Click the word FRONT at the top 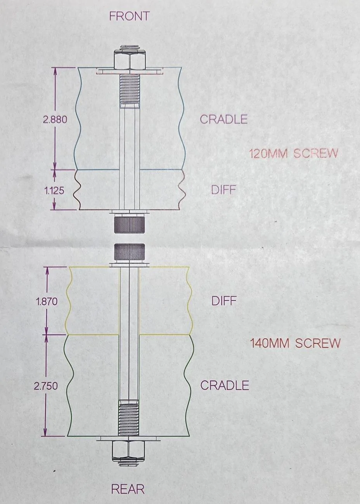click(x=129, y=16)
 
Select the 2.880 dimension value click(x=55, y=119)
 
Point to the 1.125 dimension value click(x=54, y=191)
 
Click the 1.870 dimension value click(x=47, y=302)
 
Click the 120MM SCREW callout click(x=293, y=154)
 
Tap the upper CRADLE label click(x=224, y=119)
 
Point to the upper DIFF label click(x=223, y=190)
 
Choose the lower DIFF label click(x=224, y=300)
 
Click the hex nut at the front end click(x=129, y=60)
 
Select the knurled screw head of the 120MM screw click(x=129, y=224)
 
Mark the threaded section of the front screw click(x=129, y=89)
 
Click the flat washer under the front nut click(x=130, y=72)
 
